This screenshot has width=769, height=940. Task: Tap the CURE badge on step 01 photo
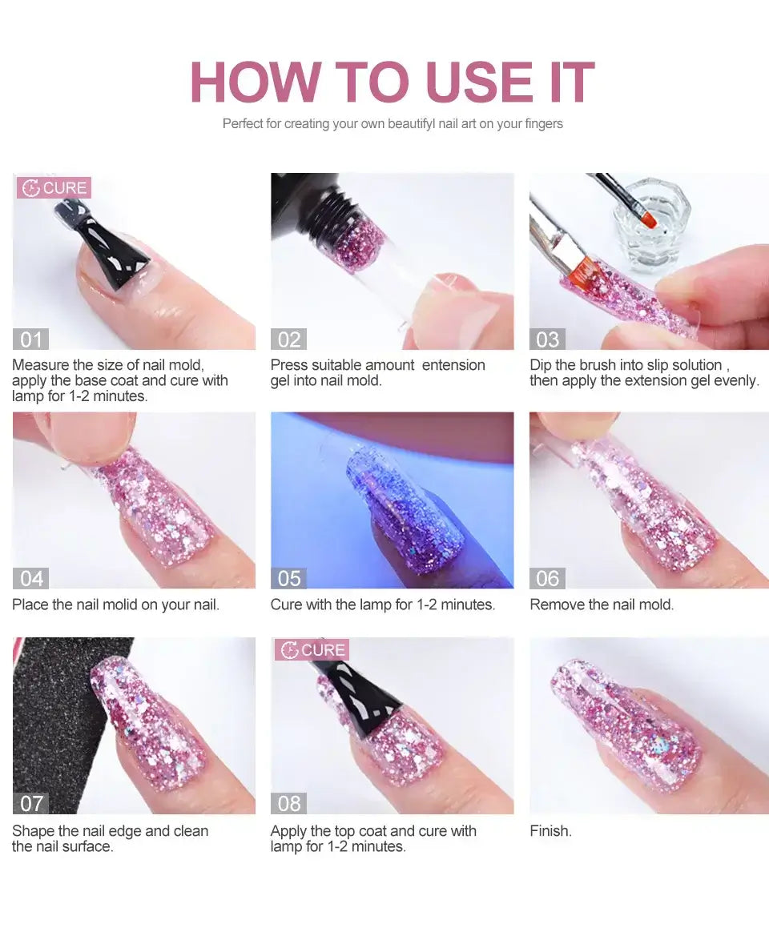[54, 188]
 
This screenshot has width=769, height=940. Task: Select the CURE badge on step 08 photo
[312, 649]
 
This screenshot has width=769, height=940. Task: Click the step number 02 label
[288, 339]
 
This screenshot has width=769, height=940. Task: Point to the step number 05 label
[288, 578]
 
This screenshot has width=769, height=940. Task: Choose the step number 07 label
[30, 803]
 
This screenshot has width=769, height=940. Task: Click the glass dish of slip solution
[651, 223]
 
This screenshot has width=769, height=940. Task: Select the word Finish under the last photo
[550, 831]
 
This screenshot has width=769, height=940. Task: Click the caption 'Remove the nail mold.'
[602, 605]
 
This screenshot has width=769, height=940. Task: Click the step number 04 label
[30, 578]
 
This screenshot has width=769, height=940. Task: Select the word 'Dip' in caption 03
[541, 365]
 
